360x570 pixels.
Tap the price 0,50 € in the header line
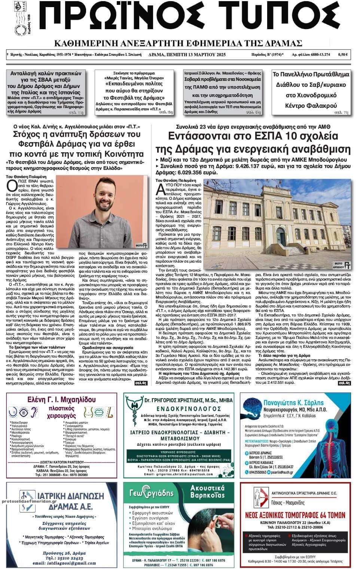point(342,55)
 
